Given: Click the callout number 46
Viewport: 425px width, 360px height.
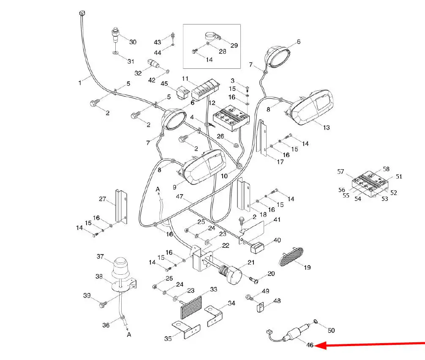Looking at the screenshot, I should pyautogui.click(x=310, y=345).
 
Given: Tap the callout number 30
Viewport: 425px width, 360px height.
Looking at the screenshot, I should pyautogui.click(x=133, y=42).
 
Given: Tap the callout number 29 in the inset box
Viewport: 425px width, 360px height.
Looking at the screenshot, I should pyautogui.click(x=234, y=45).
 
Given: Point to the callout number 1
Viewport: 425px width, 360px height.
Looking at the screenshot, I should pyautogui.click(x=79, y=83).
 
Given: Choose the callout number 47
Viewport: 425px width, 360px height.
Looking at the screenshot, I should pyautogui.click(x=180, y=197).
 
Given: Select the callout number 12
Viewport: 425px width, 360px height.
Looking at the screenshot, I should pyautogui.click(x=212, y=103).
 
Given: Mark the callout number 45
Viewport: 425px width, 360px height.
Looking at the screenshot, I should pyautogui.click(x=165, y=83).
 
